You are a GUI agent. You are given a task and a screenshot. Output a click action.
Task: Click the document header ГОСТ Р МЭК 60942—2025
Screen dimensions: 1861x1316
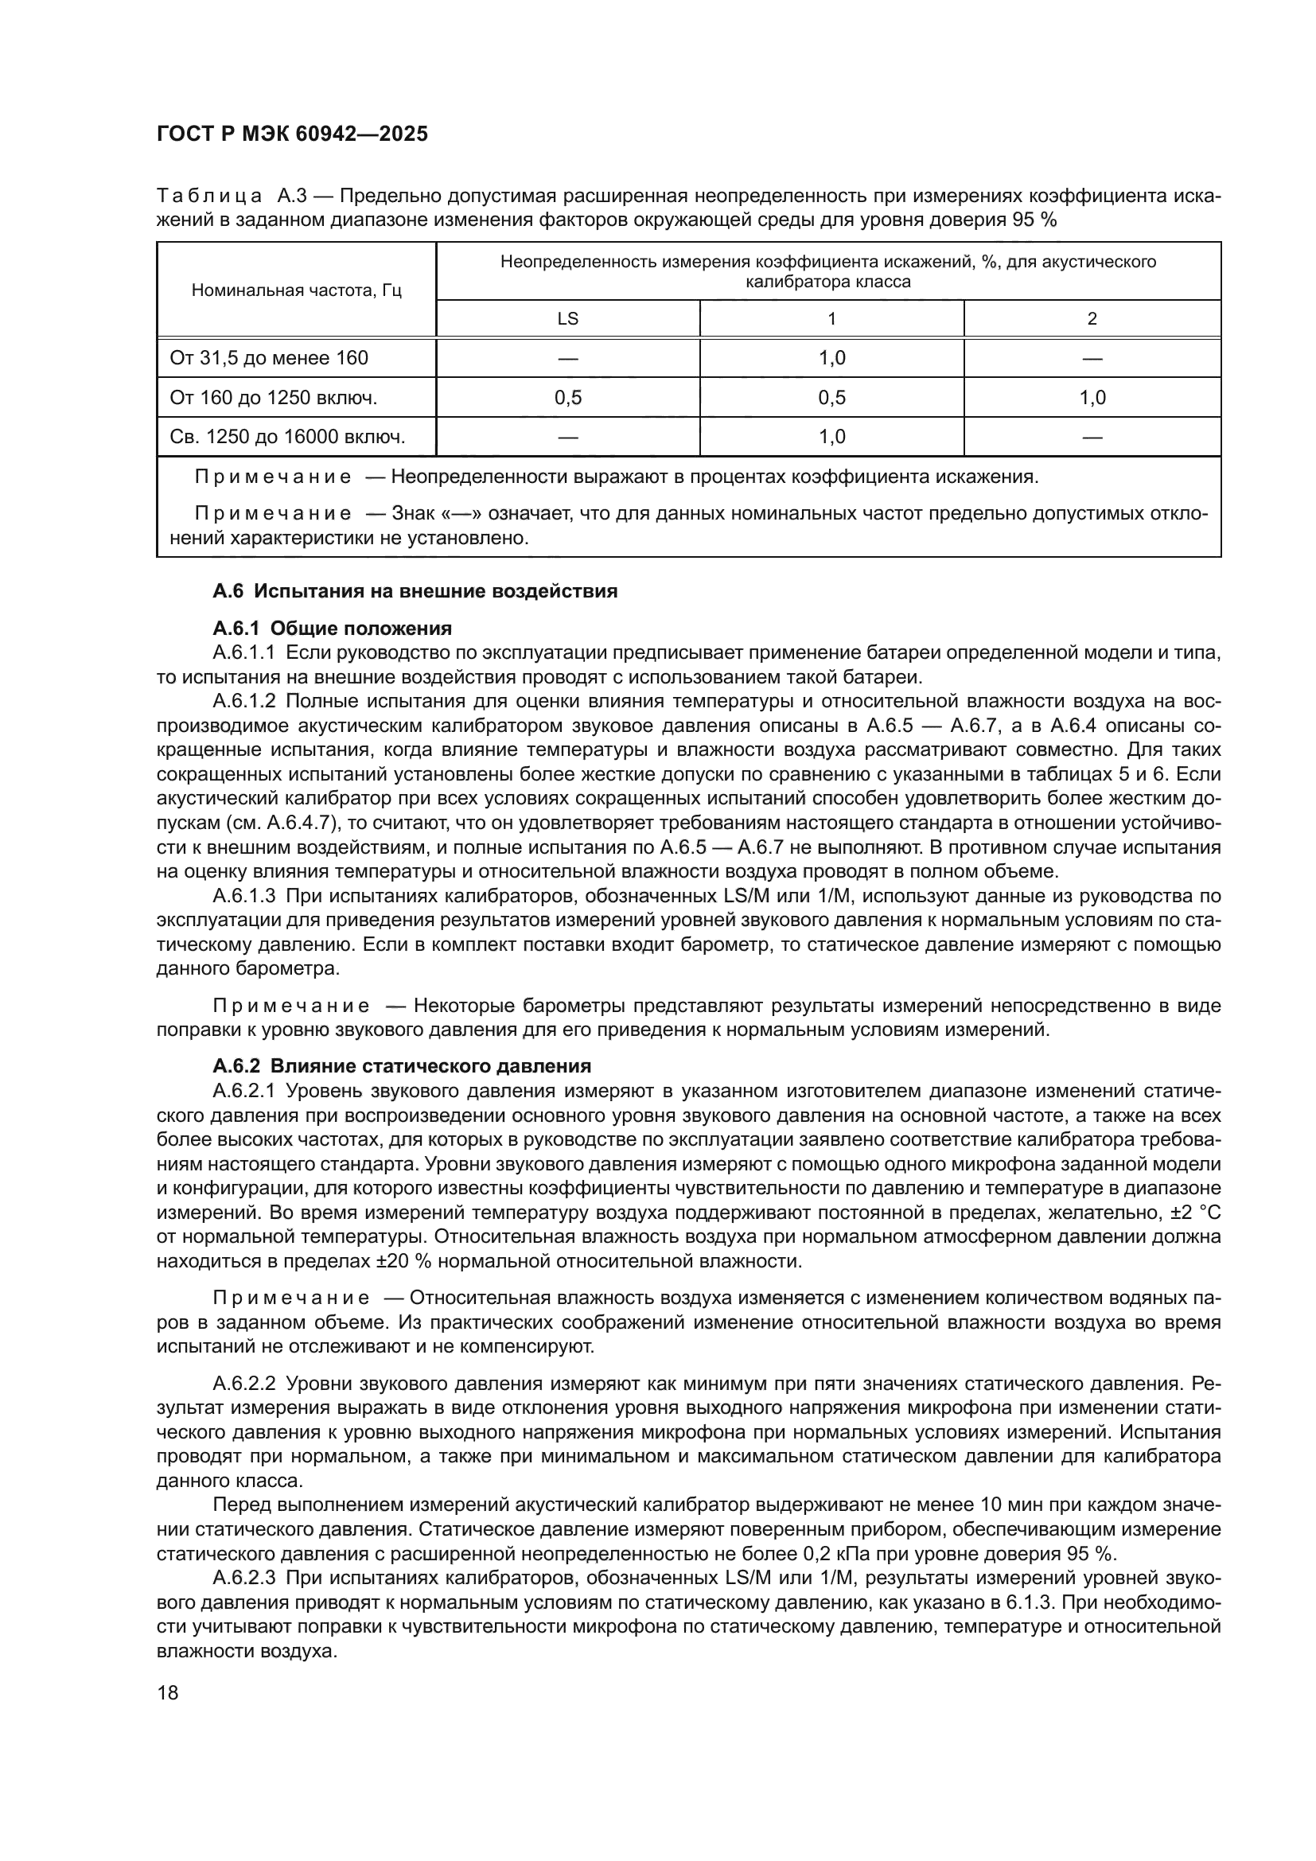292,134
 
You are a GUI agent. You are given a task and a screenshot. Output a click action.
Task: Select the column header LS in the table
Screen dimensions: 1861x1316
567,318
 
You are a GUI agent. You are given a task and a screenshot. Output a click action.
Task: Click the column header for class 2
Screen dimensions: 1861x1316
1092,318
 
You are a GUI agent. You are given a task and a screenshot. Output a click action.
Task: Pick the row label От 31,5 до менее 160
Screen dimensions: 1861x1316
268,358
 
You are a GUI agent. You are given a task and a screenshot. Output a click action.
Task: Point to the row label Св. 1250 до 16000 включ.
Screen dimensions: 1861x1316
287,438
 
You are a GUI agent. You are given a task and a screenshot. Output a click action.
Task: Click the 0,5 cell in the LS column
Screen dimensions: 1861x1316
567,398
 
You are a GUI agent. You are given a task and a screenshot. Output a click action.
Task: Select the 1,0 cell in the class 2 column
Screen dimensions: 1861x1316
1092,398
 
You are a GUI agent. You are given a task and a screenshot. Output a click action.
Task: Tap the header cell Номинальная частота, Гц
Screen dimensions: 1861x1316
296,290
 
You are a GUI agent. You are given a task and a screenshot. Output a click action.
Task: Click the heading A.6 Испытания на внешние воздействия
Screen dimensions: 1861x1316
415,591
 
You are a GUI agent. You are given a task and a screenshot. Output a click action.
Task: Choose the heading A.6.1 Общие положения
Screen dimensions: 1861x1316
333,629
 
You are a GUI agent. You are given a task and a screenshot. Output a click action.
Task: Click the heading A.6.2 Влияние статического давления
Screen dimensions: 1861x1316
402,1066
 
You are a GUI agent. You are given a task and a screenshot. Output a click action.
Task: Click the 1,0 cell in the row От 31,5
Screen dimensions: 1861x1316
831,358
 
